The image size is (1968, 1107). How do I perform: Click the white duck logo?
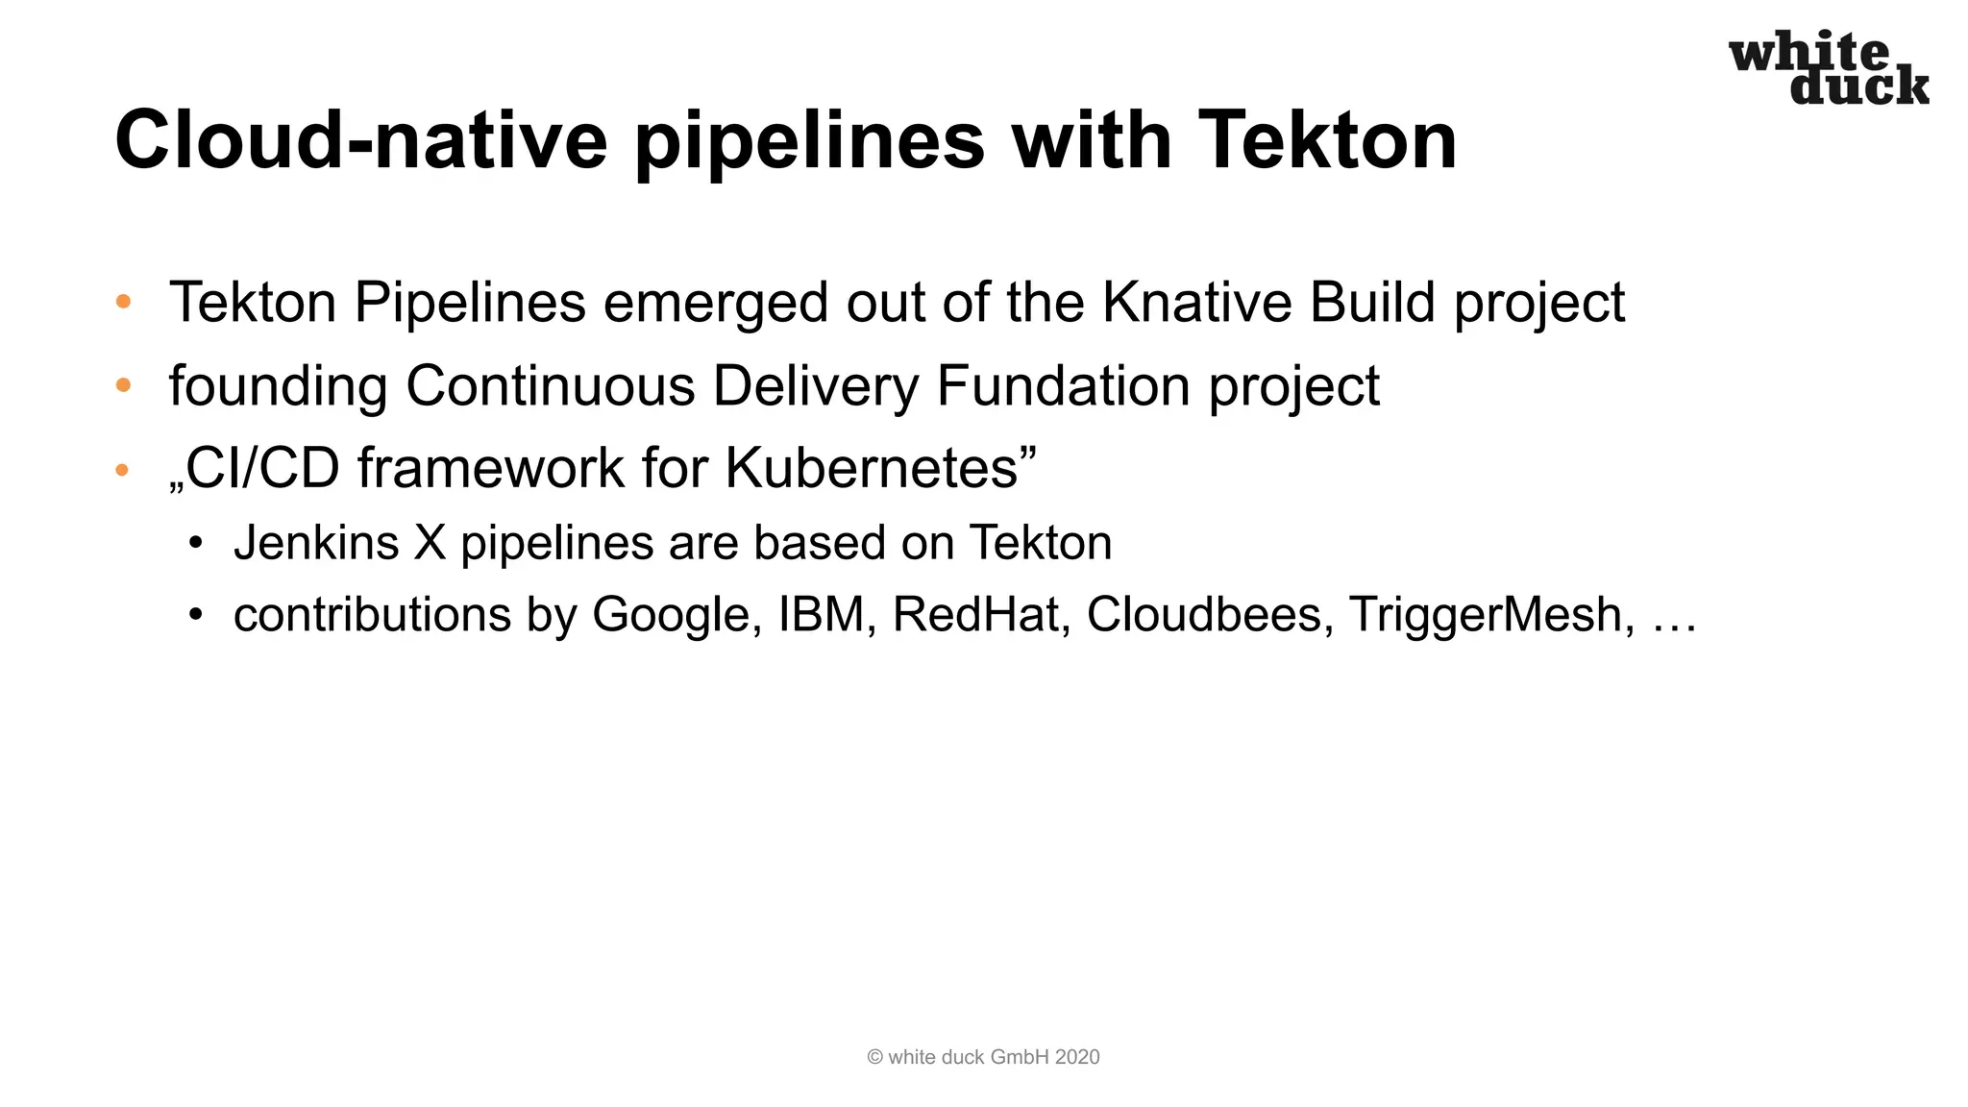coord(1829,68)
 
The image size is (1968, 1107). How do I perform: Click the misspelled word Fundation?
coord(1063,386)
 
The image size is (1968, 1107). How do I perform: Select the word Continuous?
coord(551,386)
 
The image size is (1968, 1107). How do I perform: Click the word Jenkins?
coord(316,543)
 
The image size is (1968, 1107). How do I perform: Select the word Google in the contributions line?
coord(670,615)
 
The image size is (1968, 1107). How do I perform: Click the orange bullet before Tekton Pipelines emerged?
coord(123,302)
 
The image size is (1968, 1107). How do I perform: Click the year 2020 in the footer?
coord(1076,1057)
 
